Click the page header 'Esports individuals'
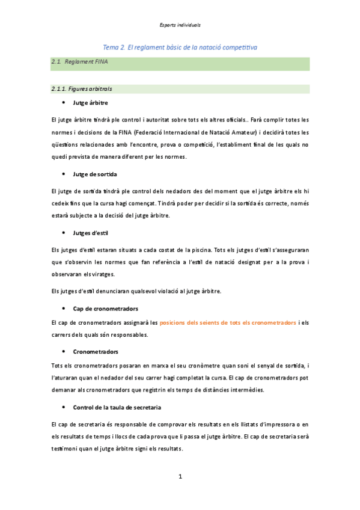(x=180, y=25)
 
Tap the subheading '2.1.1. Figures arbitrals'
(x=82, y=89)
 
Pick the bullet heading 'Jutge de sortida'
(x=95, y=174)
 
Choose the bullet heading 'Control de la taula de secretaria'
(x=117, y=407)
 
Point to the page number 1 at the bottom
(x=180, y=477)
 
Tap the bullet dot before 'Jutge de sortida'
(x=64, y=174)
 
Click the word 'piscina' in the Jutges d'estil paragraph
(x=201, y=249)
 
